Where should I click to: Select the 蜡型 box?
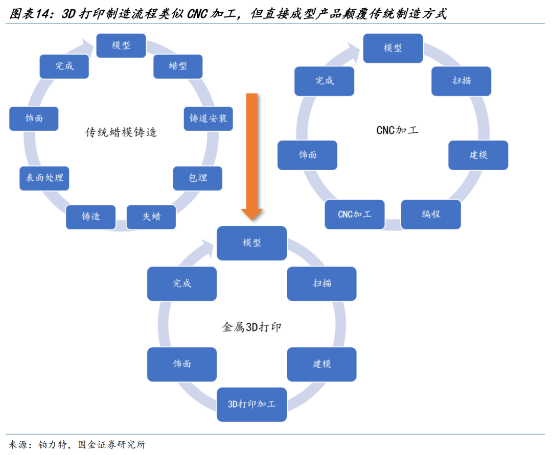point(178,66)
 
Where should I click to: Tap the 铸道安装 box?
point(208,118)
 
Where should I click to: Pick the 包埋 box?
point(198,178)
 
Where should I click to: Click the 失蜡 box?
point(151,217)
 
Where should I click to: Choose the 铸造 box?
point(91,217)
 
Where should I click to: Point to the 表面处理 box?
point(44,178)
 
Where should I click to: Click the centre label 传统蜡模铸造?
point(121,133)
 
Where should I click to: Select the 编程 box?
point(431,214)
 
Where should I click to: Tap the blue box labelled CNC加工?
point(355,214)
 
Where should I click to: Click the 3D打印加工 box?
point(251,404)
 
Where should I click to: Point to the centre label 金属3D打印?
point(251,327)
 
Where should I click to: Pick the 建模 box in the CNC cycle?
point(478,155)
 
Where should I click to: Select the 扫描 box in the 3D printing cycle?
point(321,283)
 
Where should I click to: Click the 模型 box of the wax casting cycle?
point(121,45)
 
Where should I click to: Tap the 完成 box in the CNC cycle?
point(324,81)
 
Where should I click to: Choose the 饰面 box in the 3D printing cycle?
point(181,364)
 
